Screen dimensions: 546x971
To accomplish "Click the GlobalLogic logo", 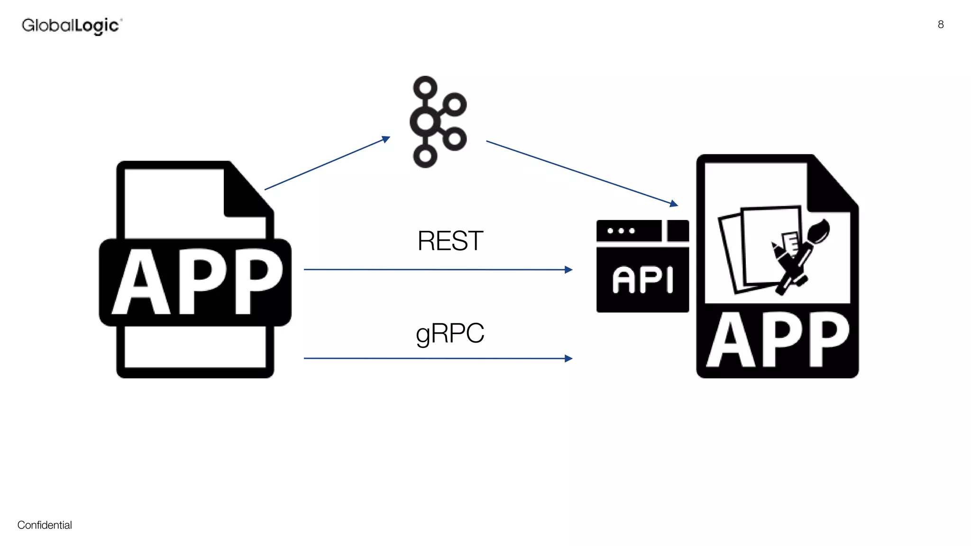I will coord(72,26).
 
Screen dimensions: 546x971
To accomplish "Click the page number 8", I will coord(941,25).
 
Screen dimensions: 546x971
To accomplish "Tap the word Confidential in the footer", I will coord(45,525).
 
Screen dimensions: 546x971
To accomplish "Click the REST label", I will coord(450,241).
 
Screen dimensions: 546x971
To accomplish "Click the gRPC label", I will coord(450,333).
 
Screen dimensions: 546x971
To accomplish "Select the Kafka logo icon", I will coord(437,122).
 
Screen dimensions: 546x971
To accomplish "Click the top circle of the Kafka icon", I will coord(425,88).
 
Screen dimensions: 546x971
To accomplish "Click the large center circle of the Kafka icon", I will coord(425,121).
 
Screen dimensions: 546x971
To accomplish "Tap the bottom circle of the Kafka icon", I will coord(425,155).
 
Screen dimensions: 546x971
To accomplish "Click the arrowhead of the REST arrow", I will coord(568,270).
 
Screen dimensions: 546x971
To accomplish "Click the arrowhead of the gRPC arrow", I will coord(568,358).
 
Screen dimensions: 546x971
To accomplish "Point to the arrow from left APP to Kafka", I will coord(327,164).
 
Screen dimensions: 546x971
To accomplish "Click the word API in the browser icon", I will coord(642,280).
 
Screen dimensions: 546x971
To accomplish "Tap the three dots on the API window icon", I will coord(621,231).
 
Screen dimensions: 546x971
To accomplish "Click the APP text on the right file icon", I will coord(778,340).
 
